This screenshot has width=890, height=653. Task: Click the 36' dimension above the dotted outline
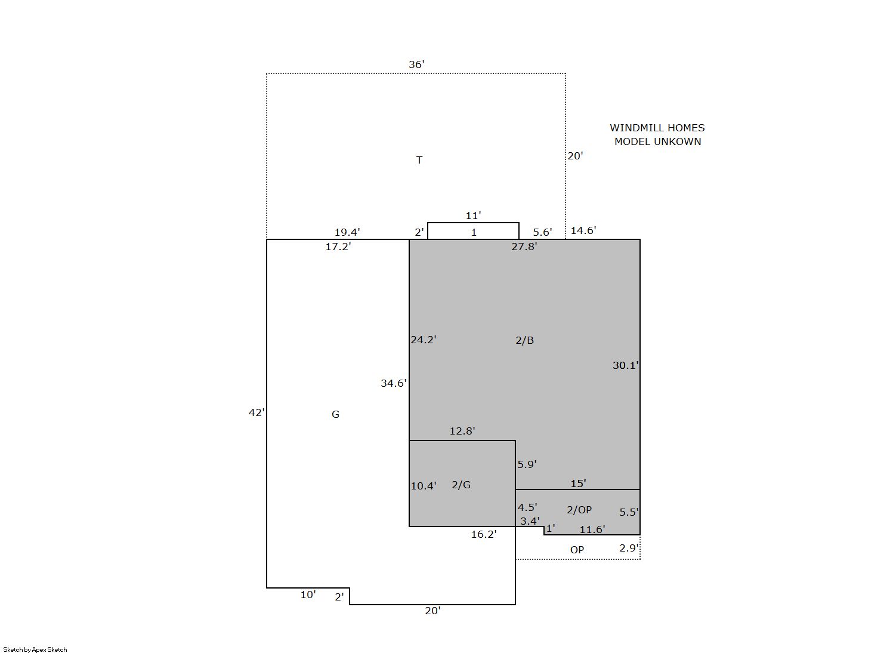tap(416, 64)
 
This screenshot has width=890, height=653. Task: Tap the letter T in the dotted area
tap(419, 160)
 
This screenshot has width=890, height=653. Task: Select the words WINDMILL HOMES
tap(657, 128)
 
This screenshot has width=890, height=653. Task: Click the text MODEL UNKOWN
tap(657, 141)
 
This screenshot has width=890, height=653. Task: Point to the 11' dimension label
tap(473, 215)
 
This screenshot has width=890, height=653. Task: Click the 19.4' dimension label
tap(347, 232)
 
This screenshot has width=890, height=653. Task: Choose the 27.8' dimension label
tap(524, 247)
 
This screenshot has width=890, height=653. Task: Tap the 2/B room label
tap(524, 340)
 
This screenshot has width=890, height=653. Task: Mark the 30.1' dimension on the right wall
tap(625, 365)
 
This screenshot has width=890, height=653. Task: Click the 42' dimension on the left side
tap(257, 412)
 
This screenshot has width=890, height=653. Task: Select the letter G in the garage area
tap(335, 414)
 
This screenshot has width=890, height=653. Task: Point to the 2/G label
tap(461, 485)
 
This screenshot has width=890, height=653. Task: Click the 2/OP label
tap(579, 509)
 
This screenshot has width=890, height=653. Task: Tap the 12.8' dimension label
tap(462, 431)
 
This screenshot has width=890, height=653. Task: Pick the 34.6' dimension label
tap(393, 383)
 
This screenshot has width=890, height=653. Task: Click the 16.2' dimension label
tap(484, 534)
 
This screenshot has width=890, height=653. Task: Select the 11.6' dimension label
tap(592, 529)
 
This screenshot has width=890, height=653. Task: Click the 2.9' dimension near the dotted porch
tap(629, 548)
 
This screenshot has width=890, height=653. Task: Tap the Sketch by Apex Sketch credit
tap(35, 649)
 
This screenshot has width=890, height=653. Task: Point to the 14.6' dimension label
tap(583, 230)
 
